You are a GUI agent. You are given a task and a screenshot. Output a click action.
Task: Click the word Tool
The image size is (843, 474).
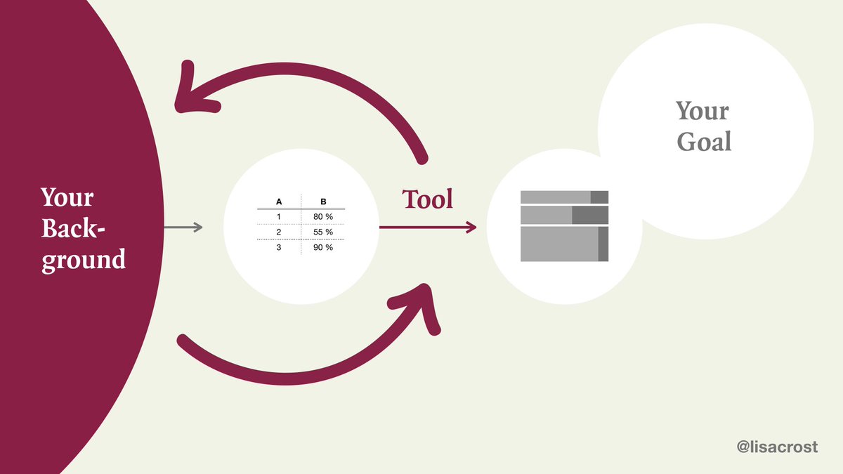pos(427,199)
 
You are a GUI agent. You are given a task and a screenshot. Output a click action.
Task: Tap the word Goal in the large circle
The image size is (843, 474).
pos(704,142)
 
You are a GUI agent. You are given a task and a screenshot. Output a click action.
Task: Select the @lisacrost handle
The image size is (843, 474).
pos(777,447)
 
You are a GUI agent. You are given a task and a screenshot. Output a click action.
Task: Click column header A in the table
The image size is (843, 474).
pos(279,201)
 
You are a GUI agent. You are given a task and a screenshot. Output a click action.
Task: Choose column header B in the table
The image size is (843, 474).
pos(323,201)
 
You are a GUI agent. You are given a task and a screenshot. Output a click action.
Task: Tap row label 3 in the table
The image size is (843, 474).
pos(279,247)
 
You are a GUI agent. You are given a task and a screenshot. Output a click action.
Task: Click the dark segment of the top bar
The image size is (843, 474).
pos(599,197)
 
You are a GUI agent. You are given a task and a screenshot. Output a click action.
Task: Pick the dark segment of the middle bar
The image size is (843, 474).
pos(590,215)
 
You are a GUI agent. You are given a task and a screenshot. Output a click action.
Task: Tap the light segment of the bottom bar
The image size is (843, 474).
pos(559,244)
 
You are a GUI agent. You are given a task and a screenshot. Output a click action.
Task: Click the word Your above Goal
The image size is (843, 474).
pos(702,111)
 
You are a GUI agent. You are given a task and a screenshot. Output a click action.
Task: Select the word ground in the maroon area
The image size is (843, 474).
pos(84,260)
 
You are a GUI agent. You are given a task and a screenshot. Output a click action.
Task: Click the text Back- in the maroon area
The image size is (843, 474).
pos(77,228)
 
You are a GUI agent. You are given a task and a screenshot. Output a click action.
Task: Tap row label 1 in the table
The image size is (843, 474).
pos(279,216)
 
